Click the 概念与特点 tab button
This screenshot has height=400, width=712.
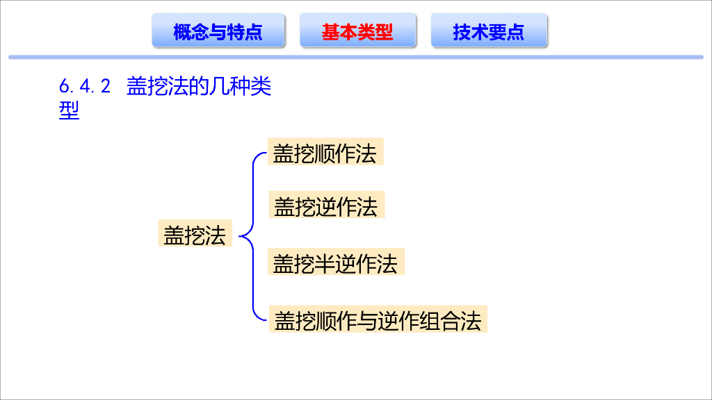tap(218, 31)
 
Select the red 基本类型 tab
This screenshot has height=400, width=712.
tap(357, 31)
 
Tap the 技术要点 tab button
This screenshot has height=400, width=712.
tap(489, 31)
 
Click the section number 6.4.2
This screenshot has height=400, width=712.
tap(85, 87)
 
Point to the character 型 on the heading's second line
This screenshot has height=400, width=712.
tap(70, 110)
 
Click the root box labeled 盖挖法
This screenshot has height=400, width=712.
tap(195, 235)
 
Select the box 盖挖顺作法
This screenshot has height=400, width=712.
tap(325, 153)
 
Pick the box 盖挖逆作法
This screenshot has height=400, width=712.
tap(325, 206)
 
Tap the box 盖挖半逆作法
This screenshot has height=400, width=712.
tap(335, 263)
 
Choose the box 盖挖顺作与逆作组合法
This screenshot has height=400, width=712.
tap(378, 320)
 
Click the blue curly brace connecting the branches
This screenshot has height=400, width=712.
tap(251, 236)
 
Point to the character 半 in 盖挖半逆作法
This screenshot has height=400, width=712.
tap(325, 264)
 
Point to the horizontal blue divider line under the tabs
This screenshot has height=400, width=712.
tap(356, 57)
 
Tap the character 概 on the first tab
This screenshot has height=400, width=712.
tap(182, 32)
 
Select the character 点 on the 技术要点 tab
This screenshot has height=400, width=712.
tap(515, 32)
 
